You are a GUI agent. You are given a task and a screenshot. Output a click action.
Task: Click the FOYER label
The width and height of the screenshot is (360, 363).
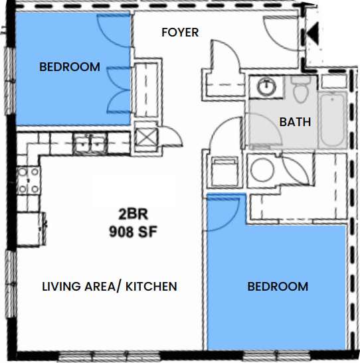point(180,32)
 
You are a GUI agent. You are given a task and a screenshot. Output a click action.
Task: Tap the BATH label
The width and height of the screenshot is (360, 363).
point(294,122)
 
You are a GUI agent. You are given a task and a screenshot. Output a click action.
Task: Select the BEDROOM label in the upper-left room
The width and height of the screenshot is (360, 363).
point(70,66)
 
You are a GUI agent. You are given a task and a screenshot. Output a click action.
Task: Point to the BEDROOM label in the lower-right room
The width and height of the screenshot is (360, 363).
point(278,287)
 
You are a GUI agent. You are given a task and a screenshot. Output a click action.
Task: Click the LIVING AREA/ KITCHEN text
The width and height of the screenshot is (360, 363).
point(110,287)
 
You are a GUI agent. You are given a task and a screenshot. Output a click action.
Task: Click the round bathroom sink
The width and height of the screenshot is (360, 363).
point(266,86)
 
